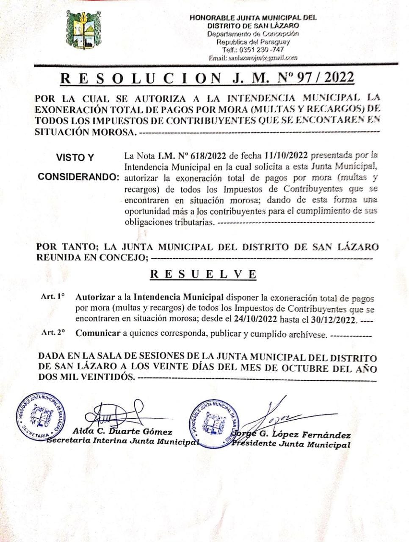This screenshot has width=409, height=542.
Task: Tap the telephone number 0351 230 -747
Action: click(x=253, y=50)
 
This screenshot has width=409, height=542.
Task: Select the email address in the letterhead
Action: click(x=253, y=57)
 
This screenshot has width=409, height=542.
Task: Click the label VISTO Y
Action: click(x=75, y=158)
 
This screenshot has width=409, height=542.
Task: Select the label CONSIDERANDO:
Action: click(x=78, y=177)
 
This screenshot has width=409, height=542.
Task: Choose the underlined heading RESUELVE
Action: click(x=203, y=274)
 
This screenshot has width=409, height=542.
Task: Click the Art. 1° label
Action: click(x=53, y=297)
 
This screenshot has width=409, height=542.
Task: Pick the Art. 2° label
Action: click(x=53, y=332)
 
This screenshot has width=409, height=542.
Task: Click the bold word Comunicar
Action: click(x=98, y=333)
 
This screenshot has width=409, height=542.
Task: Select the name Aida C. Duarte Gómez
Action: click(x=122, y=432)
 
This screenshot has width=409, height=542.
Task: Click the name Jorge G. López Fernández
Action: click(x=292, y=435)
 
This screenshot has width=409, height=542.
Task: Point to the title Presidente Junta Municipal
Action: click(x=291, y=444)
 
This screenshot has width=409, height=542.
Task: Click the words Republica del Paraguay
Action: click(x=253, y=42)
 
